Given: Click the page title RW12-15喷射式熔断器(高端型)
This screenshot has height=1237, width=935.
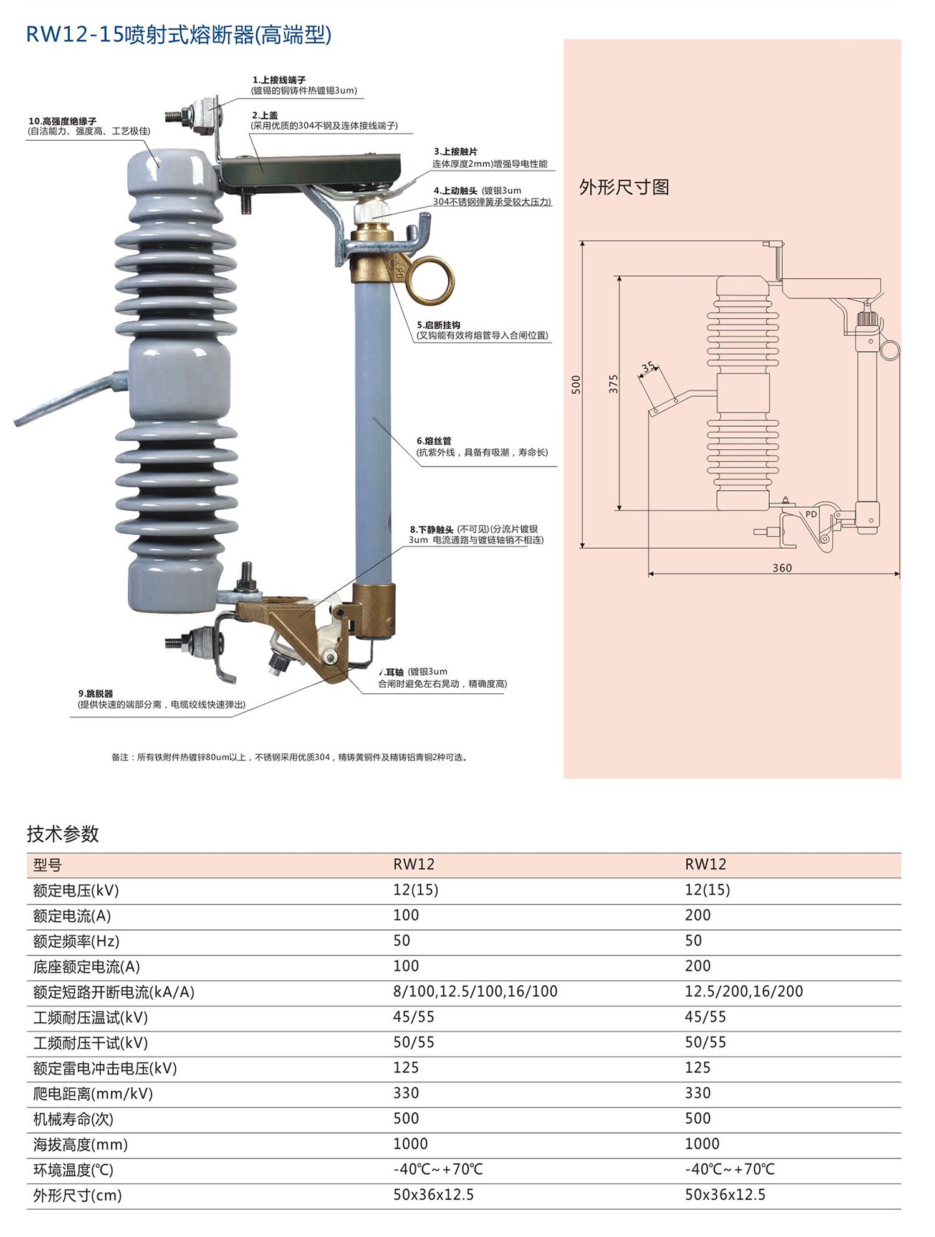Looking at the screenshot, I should (178, 34).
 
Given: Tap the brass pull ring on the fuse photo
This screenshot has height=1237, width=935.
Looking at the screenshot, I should (431, 281).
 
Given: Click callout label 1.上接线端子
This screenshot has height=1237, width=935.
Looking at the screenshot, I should (279, 80).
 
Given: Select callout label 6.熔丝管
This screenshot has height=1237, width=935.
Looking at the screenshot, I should (434, 441).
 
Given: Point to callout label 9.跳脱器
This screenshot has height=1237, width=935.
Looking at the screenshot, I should (95, 694).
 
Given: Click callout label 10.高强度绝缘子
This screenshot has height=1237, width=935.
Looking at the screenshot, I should (62, 121).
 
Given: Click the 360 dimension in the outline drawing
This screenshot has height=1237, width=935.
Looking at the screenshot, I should (782, 568).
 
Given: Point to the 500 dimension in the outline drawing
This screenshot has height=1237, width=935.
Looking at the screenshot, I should (576, 384).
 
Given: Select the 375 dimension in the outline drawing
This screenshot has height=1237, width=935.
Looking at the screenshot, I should (614, 384).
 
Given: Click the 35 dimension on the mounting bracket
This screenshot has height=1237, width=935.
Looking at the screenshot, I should (648, 367).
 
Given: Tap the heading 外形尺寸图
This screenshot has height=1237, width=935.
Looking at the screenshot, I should (624, 187).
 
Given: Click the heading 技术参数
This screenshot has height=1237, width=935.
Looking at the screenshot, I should (63, 834).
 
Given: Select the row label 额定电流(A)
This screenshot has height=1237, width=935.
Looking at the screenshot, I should (72, 916).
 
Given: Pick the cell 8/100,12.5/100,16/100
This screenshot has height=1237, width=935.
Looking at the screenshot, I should (475, 992).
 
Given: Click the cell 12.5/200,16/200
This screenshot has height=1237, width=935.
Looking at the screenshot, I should (744, 992).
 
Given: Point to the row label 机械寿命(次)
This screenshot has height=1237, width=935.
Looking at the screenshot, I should (74, 1119).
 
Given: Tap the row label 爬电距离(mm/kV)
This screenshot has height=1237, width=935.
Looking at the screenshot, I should (93, 1094).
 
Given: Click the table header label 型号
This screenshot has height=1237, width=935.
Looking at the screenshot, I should (47, 865).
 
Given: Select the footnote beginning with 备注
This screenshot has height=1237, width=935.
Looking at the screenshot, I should (290, 757).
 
